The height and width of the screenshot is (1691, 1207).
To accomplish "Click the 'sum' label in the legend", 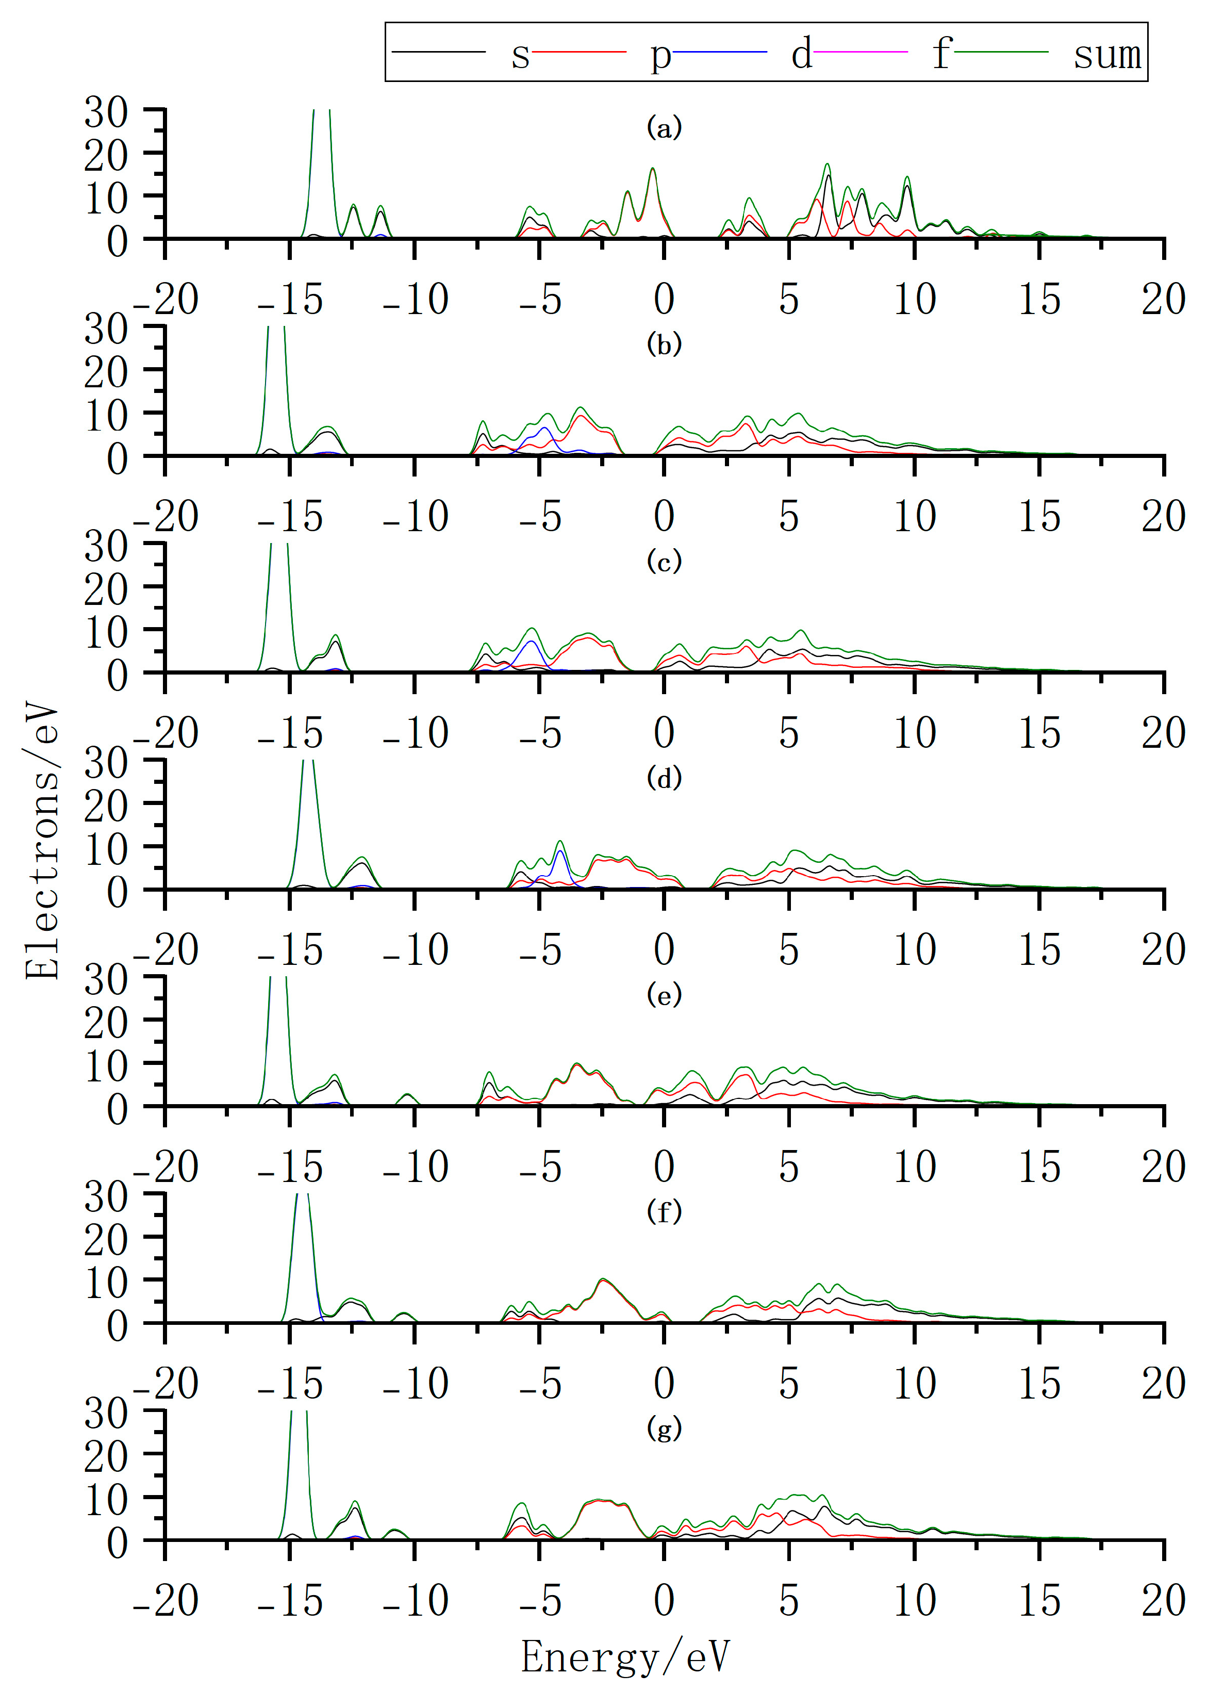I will coord(1106,54).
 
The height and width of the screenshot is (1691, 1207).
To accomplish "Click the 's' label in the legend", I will coord(520,54).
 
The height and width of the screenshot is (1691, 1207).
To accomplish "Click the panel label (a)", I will coord(664,128).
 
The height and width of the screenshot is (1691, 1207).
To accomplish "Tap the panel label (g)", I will coord(664,1428).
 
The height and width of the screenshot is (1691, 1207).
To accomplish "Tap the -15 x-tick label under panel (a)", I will coord(290,300).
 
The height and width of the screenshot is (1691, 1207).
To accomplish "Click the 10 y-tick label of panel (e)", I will coord(106,1066).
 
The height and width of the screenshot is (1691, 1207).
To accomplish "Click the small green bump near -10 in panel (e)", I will coord(407,1096).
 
